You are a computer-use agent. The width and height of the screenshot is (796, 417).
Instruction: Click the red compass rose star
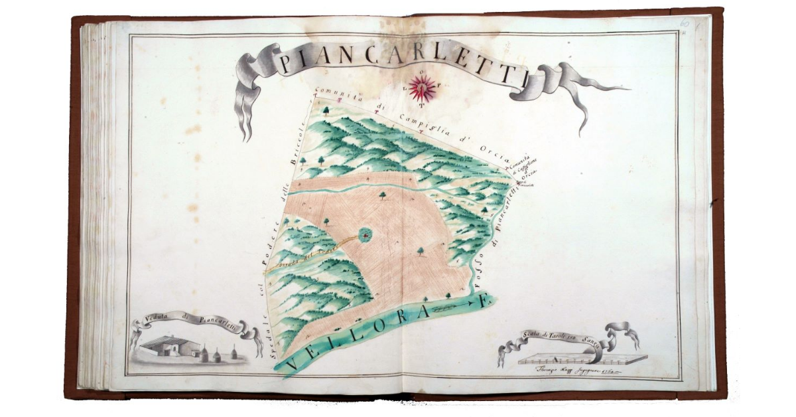click(x=422, y=87)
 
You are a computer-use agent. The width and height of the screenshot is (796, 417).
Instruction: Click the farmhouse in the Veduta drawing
click(x=168, y=346)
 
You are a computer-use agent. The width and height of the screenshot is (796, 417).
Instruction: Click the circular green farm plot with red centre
click(x=364, y=234)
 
